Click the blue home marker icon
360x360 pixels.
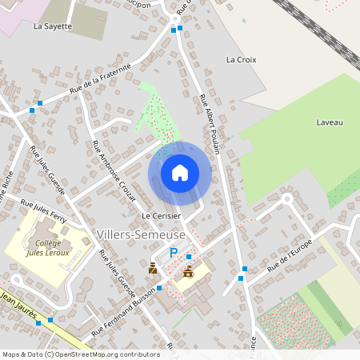point(179,173)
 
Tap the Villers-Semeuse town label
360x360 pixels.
point(140,234)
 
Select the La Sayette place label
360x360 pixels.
point(53,26)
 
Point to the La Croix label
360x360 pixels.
point(240,59)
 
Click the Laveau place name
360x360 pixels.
point(329,122)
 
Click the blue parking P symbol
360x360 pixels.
point(173,254)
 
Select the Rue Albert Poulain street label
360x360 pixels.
point(210,120)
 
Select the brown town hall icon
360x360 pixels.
point(188,272)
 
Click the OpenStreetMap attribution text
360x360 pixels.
point(80,354)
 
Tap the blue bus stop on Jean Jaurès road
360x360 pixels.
point(50,320)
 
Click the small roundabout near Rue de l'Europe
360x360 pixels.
point(286,198)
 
